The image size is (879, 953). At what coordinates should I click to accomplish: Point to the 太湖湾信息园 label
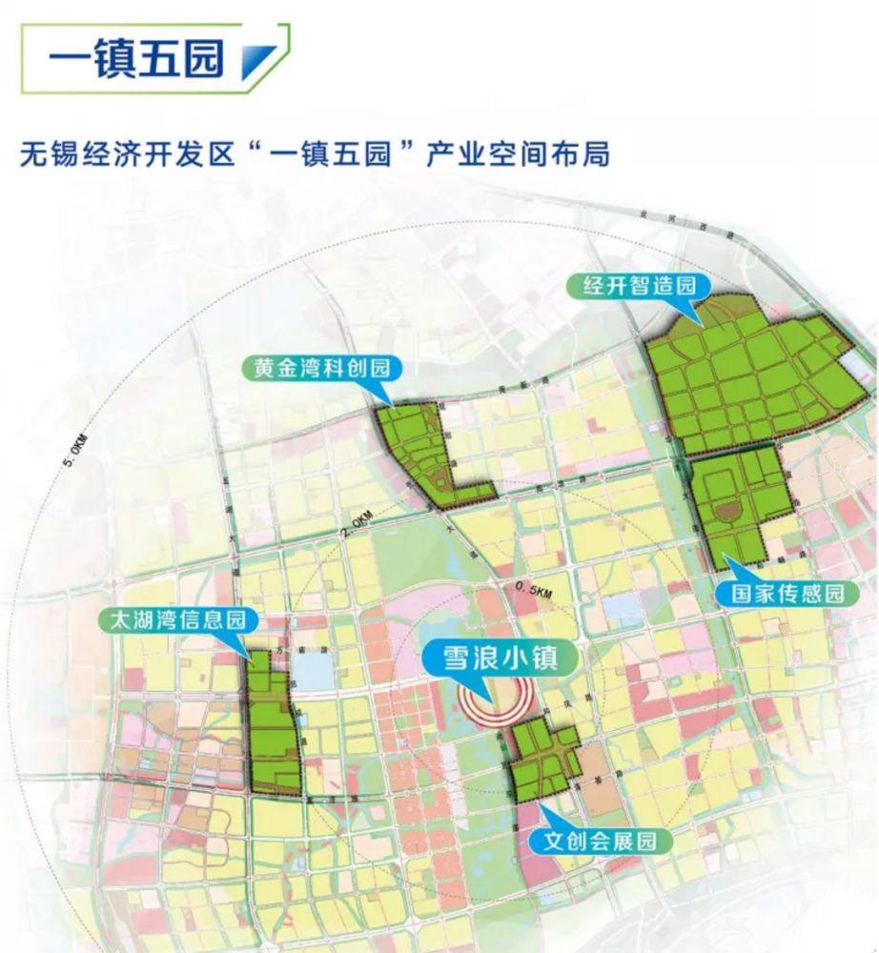[x=178, y=619]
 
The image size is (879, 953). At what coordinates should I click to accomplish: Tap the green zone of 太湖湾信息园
[x=273, y=724]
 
